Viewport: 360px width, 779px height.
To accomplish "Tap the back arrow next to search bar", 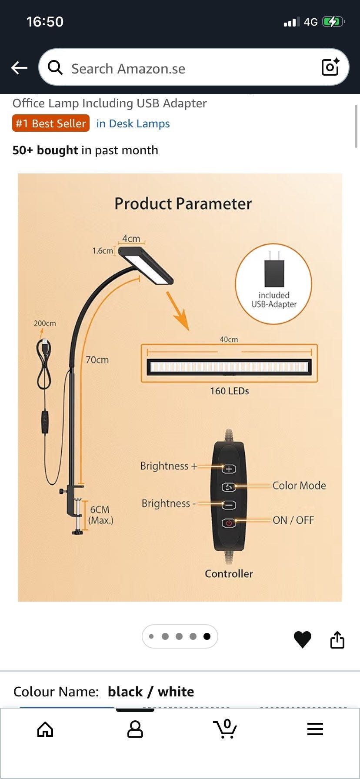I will click(19, 68).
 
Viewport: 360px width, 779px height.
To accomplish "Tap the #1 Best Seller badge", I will click(51, 123).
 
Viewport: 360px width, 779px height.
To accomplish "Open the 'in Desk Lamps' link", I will click(133, 123).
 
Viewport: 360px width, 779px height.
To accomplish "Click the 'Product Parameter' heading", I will click(183, 204).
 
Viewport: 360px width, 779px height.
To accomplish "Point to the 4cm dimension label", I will click(131, 239).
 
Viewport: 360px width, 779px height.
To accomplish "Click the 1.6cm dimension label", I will click(102, 251).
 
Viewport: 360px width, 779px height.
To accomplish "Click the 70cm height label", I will click(97, 360).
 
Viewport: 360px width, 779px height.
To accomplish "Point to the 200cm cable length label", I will click(45, 323).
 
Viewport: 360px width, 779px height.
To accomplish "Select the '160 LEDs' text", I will click(229, 391).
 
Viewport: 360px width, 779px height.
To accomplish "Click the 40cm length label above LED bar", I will click(229, 339).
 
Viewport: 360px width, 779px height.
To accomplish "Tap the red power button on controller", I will click(229, 523).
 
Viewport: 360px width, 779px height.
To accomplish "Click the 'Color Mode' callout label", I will click(299, 486).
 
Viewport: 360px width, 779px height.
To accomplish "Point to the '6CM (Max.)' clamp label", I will click(100, 515).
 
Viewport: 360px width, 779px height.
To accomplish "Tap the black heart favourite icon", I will click(302, 639).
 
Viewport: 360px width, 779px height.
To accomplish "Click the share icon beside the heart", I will click(337, 639).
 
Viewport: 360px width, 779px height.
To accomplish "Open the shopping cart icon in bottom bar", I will click(225, 729).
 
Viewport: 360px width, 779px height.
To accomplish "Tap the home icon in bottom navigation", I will click(45, 729).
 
